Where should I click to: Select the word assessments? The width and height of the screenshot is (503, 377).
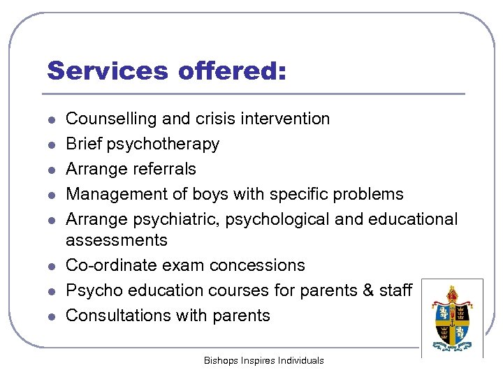(117, 241)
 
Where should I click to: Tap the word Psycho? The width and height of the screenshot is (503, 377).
(89, 290)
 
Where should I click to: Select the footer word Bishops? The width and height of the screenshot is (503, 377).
(220, 361)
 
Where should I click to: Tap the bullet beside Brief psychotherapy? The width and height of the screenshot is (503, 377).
(52, 145)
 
